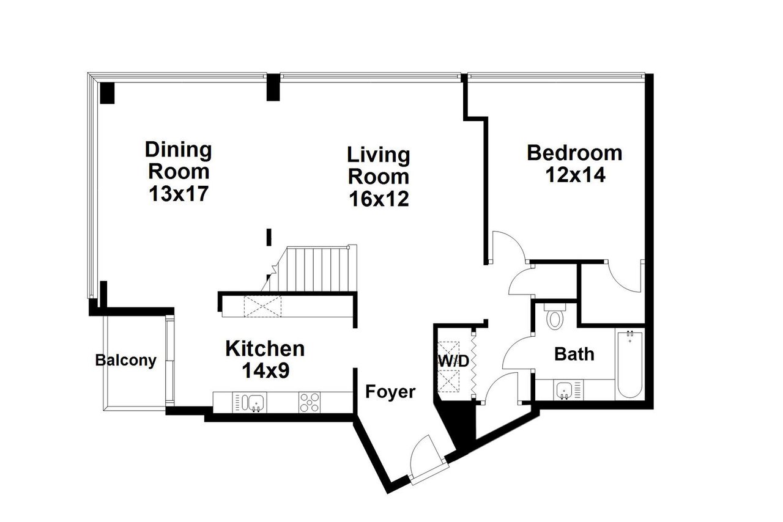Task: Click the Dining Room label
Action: pyautogui.click(x=178, y=160)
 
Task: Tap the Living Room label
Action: pyautogui.click(x=378, y=165)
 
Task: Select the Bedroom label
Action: pyautogui.click(x=574, y=152)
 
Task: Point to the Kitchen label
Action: pyautogui.click(x=265, y=349)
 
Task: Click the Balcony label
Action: pyautogui.click(x=125, y=361)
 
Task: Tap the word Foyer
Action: pyautogui.click(x=390, y=392)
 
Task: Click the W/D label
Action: pyautogui.click(x=453, y=361)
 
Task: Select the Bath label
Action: pyautogui.click(x=574, y=353)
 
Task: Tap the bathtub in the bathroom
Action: pyautogui.click(x=629, y=364)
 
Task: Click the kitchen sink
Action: pyautogui.click(x=253, y=402)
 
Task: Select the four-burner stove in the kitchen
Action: pyautogui.click(x=310, y=402)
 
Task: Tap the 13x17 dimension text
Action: pyautogui.click(x=179, y=194)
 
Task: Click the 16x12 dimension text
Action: pyautogui.click(x=378, y=199)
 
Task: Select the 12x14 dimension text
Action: pyautogui.click(x=574, y=175)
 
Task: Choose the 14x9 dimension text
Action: pyautogui.click(x=265, y=371)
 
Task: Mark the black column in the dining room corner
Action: pyautogui.click(x=108, y=92)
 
